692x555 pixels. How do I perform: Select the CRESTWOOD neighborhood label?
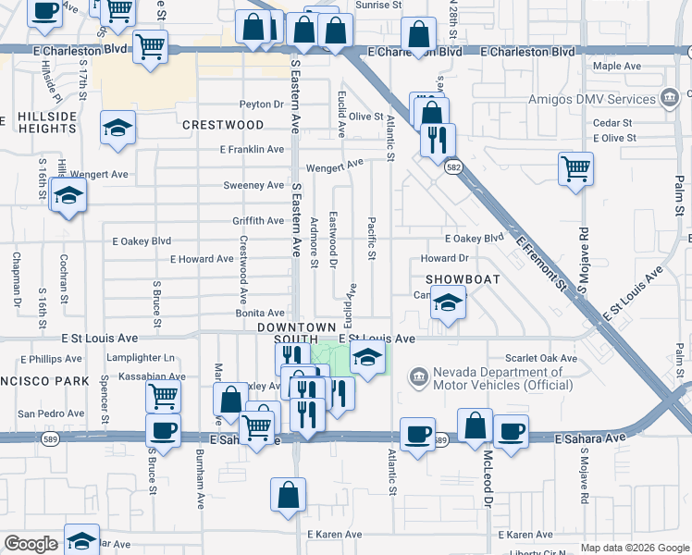tap(223, 125)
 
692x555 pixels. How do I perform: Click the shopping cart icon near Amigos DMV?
tap(575, 169)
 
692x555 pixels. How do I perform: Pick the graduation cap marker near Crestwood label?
tap(117, 127)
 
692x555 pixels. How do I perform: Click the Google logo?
tap(31, 544)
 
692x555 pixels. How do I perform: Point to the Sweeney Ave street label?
tap(253, 185)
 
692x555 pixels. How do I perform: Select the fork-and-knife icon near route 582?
tap(436, 140)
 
